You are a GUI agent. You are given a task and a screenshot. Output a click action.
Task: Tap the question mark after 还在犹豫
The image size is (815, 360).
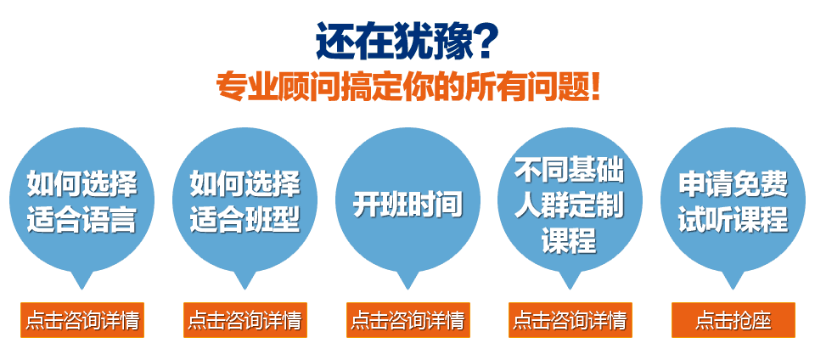point(485,41)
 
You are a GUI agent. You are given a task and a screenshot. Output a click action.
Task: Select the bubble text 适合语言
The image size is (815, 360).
point(82,218)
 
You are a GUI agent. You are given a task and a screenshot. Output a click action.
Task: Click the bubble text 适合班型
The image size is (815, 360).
point(244,218)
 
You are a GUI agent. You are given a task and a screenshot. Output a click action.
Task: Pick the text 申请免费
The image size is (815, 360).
point(733,184)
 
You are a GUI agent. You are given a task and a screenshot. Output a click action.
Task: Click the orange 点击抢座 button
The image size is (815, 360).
point(733,320)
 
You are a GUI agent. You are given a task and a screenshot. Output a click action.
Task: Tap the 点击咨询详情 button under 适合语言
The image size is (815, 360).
point(82,320)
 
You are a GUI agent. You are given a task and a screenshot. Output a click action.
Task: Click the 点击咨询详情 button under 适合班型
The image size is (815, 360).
point(244,320)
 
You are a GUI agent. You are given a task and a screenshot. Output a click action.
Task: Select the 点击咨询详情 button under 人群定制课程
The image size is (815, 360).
point(570,320)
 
